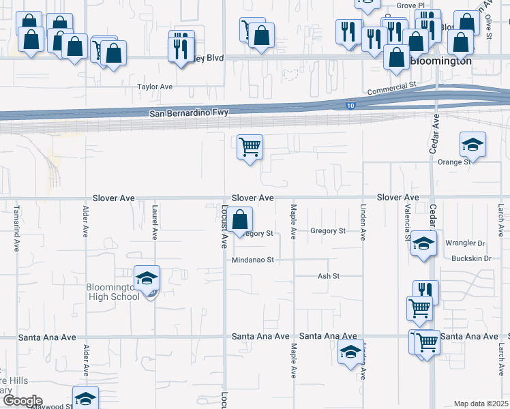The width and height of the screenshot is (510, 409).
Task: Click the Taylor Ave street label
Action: pos(155,87)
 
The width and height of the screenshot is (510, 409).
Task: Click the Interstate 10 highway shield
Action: pos(350,106)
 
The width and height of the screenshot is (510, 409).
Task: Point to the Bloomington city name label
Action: pos(441,61)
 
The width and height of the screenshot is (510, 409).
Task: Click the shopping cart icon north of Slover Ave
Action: pos(250,147)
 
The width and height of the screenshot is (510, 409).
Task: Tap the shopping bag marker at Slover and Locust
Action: pos(239,220)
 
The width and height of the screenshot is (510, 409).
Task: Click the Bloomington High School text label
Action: pos(113,292)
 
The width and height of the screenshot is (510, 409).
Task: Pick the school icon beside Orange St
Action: pos(472,145)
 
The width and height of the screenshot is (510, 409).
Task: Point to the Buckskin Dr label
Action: pos(471,259)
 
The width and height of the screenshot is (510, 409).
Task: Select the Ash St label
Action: pos(329,276)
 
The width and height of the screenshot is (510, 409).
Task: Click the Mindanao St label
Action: pos(252,260)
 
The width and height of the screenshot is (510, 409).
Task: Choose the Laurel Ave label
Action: pos(155,222)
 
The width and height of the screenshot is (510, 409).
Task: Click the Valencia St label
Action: pos(407,222)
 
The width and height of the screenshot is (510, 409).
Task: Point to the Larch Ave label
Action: pos(500,222)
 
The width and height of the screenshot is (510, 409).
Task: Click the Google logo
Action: pos(22,401)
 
